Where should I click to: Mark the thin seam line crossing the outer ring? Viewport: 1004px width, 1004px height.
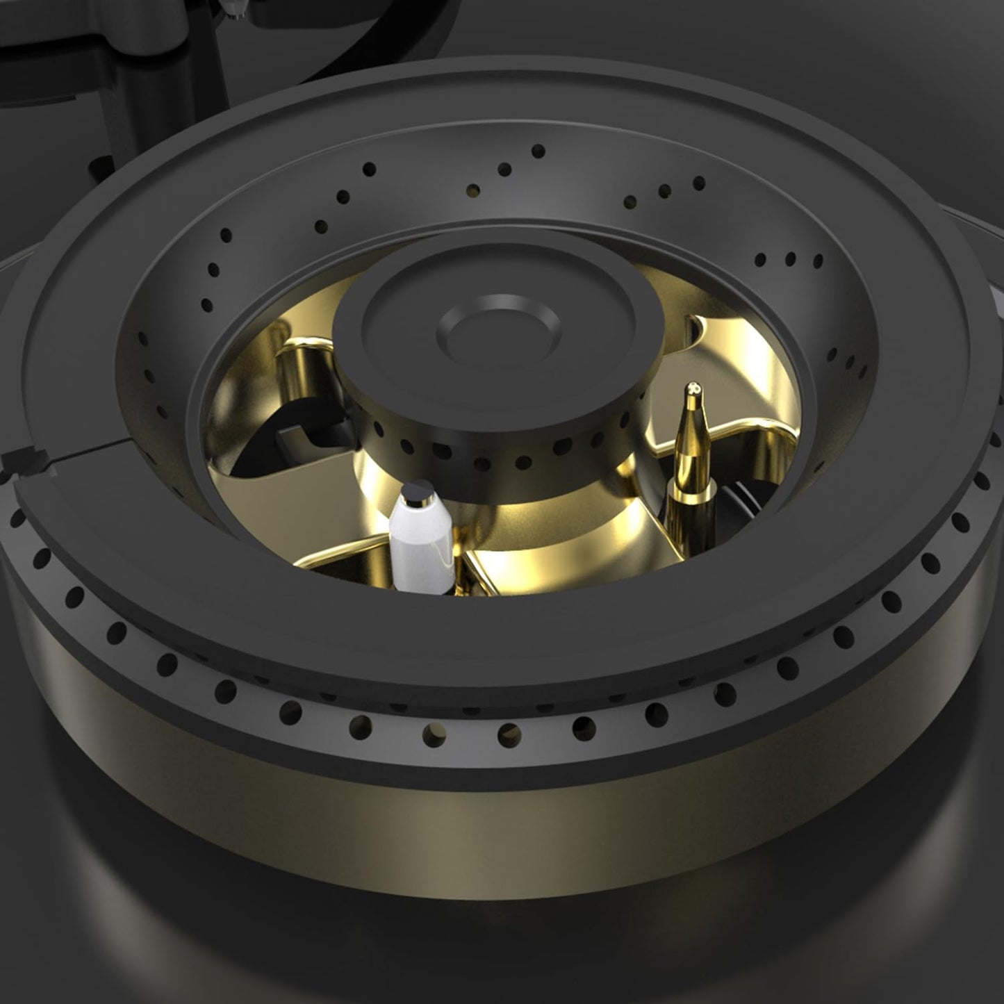click(x=104, y=455)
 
